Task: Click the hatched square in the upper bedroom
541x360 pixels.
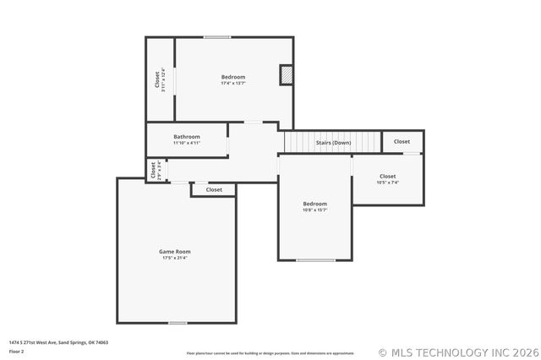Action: [287, 75]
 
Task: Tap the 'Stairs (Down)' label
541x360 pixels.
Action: [333, 143]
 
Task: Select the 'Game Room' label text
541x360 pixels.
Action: [175, 251]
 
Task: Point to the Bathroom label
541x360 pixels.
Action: [187, 137]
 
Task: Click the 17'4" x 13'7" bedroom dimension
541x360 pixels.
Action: [233, 84]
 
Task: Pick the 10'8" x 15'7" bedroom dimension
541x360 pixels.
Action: [315, 210]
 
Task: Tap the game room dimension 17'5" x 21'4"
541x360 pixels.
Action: [175, 258]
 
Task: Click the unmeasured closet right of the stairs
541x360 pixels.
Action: [402, 142]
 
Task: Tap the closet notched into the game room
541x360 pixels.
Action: [214, 190]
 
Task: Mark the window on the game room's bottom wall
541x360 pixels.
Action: [178, 323]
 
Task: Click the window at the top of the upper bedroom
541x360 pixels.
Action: [217, 36]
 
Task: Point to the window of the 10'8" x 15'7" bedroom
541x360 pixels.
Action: [315, 260]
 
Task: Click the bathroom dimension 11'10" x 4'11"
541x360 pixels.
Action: [187, 143]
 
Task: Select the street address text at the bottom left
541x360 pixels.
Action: [58, 342]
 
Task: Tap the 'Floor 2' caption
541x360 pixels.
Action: [17, 351]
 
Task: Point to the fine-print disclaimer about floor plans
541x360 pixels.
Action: [270, 353]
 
